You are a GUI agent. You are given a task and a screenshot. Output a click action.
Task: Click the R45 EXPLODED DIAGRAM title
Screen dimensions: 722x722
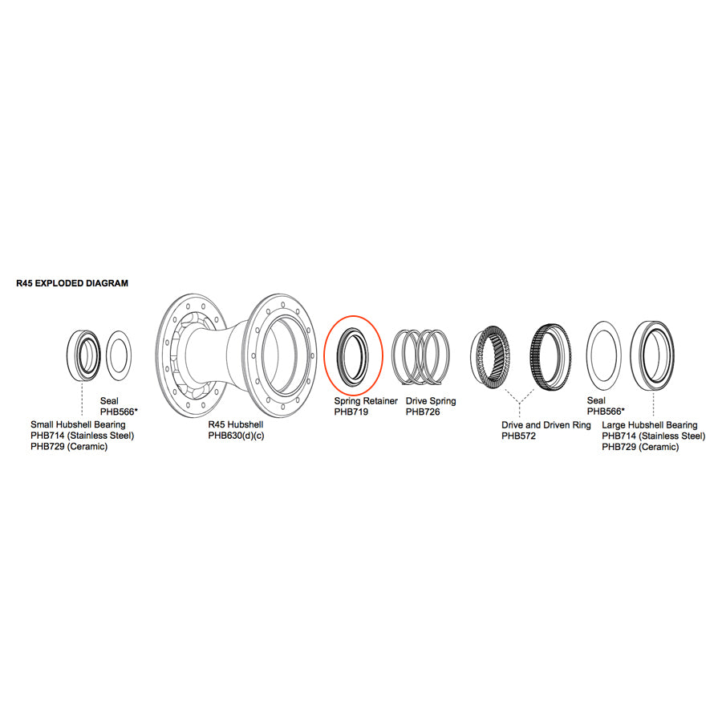click(72, 283)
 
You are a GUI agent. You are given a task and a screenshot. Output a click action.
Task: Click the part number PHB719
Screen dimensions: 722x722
click(351, 412)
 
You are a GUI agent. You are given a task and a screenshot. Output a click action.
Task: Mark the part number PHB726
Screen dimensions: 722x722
click(423, 412)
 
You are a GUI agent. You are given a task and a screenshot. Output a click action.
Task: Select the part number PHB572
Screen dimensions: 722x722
click(519, 436)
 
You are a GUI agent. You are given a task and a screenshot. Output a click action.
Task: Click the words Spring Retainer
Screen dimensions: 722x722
click(366, 400)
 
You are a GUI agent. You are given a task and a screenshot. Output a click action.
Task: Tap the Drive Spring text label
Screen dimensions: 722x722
click(431, 400)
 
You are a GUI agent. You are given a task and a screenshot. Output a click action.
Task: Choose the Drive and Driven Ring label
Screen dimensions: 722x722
click(546, 424)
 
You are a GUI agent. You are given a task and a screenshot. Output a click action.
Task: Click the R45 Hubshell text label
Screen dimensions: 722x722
click(236, 424)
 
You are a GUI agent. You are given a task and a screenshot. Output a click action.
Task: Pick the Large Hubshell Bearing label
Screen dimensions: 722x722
click(649, 424)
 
